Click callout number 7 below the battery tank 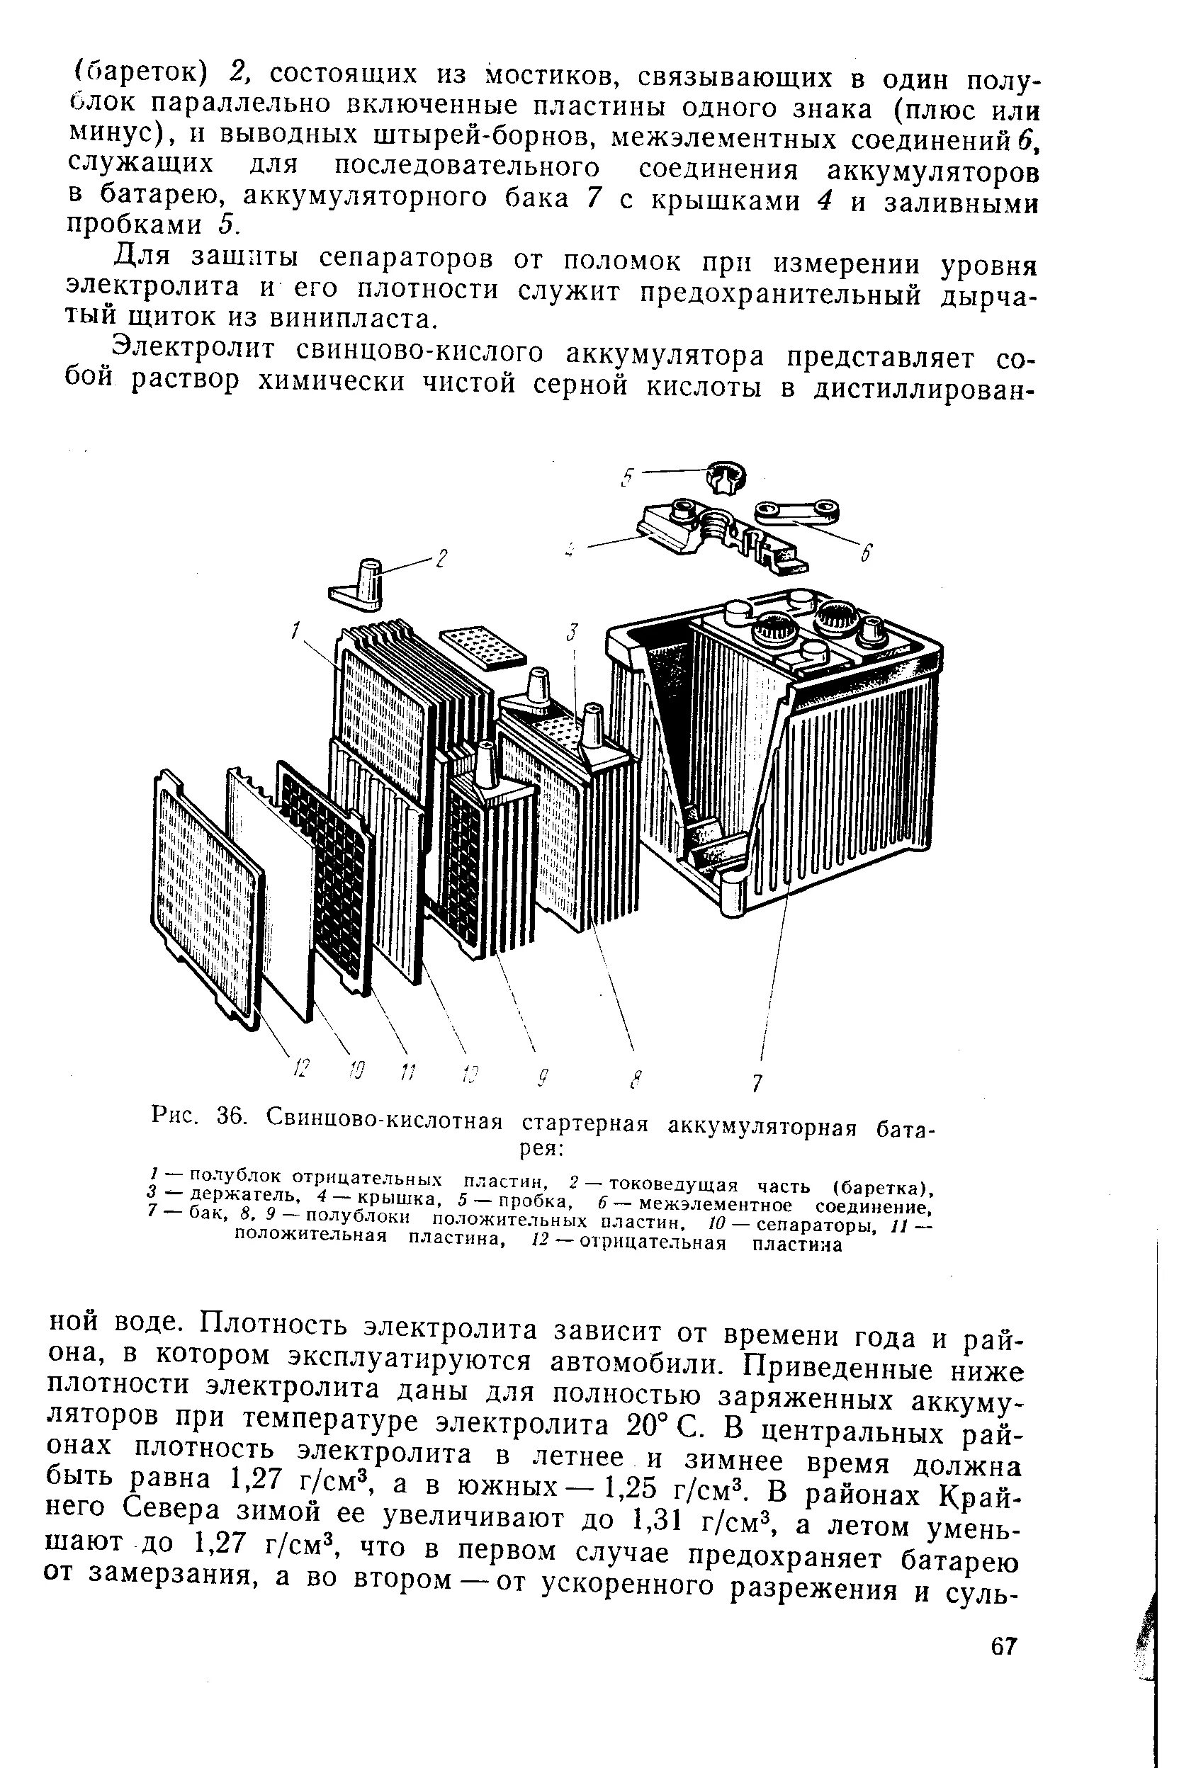point(758,1082)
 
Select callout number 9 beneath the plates point(544,1079)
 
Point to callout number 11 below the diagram point(407,1070)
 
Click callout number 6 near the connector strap point(867,554)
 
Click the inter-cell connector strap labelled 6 point(798,511)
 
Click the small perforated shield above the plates point(483,645)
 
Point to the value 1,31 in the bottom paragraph point(653,1521)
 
